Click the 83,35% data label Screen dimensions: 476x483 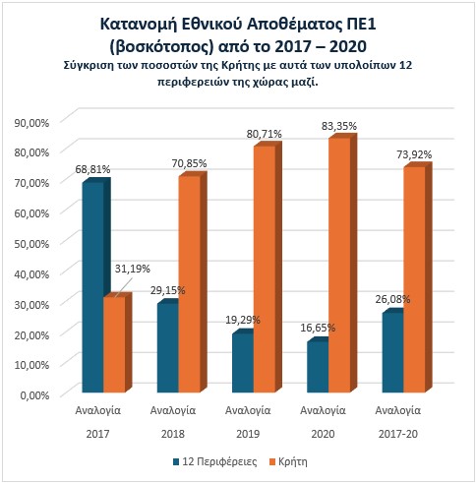[x=339, y=126]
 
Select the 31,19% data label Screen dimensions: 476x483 [x=133, y=269]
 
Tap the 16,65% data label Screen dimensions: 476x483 [x=318, y=328]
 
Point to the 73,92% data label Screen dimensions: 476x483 [x=414, y=154]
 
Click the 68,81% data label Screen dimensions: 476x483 [x=92, y=169]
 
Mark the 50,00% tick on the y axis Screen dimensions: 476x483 [x=31, y=244]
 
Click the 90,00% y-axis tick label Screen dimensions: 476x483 [x=31, y=123]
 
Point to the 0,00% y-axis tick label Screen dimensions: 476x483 [x=34, y=395]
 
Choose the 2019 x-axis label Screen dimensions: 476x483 [x=248, y=434]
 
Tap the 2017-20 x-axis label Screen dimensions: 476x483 [x=398, y=434]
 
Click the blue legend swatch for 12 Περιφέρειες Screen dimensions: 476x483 [x=176, y=462]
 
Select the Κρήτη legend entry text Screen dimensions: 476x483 [x=293, y=461]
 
